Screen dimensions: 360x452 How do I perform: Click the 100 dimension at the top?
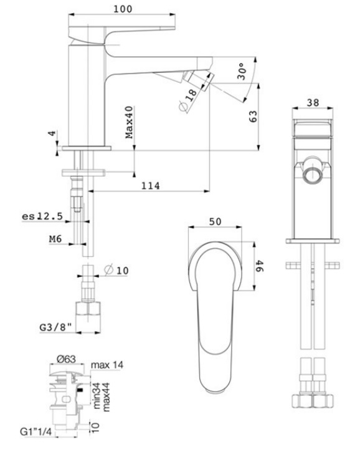[123, 9]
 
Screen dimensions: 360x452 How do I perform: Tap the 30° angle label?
[242, 71]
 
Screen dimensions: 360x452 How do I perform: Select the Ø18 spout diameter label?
[187, 100]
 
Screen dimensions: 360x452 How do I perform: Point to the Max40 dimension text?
[130, 122]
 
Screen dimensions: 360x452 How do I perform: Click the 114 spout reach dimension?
[150, 186]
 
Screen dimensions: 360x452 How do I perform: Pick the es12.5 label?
[42, 216]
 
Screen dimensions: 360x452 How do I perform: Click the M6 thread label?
[55, 239]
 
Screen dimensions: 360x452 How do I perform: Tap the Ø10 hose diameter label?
[116, 270]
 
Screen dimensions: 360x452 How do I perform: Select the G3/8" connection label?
[55, 327]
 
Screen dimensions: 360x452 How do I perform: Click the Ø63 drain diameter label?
[66, 359]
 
